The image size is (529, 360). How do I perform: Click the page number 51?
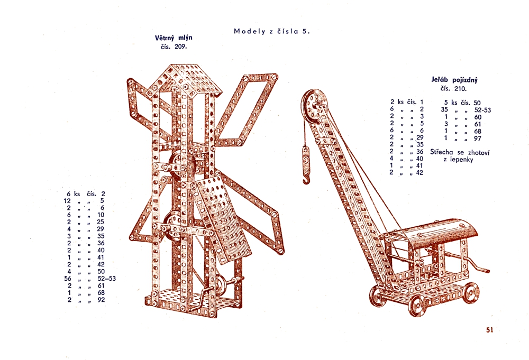click(489, 330)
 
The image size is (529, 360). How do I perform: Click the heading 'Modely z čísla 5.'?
click(271, 31)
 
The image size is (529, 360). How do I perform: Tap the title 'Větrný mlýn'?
click(174, 38)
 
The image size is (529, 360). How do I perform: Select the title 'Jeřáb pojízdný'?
click(454, 80)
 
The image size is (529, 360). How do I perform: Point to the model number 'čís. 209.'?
click(174, 47)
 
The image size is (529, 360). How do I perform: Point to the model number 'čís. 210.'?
click(454, 89)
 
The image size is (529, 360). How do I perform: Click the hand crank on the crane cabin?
click(476, 265)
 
